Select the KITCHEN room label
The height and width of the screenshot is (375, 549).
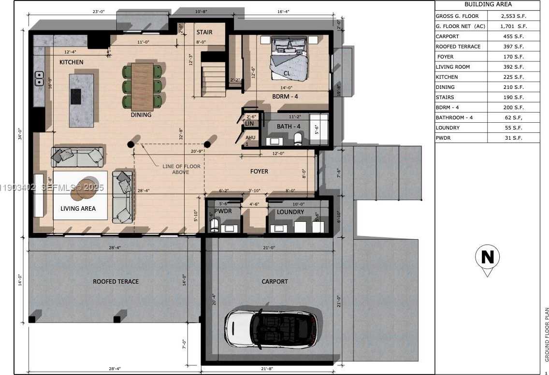[x=72, y=62]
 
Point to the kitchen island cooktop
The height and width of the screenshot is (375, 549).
[x=76, y=97]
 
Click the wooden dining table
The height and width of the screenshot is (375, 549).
[x=142, y=87]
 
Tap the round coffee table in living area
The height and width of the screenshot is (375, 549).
[x=83, y=189]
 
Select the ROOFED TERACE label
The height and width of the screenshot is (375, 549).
[x=116, y=282]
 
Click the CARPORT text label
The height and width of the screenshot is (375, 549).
[x=274, y=282]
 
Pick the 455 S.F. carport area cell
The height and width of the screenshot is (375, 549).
[x=513, y=36]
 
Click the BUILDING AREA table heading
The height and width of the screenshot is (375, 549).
[x=487, y=4]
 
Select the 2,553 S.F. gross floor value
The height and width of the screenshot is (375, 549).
[x=513, y=16]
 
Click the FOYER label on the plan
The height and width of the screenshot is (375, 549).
[x=259, y=172]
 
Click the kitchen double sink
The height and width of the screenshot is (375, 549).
[x=38, y=78]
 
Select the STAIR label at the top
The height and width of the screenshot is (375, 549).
[x=204, y=32]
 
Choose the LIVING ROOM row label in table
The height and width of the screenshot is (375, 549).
[x=453, y=67]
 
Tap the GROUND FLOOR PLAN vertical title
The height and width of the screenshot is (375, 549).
[x=547, y=335]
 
